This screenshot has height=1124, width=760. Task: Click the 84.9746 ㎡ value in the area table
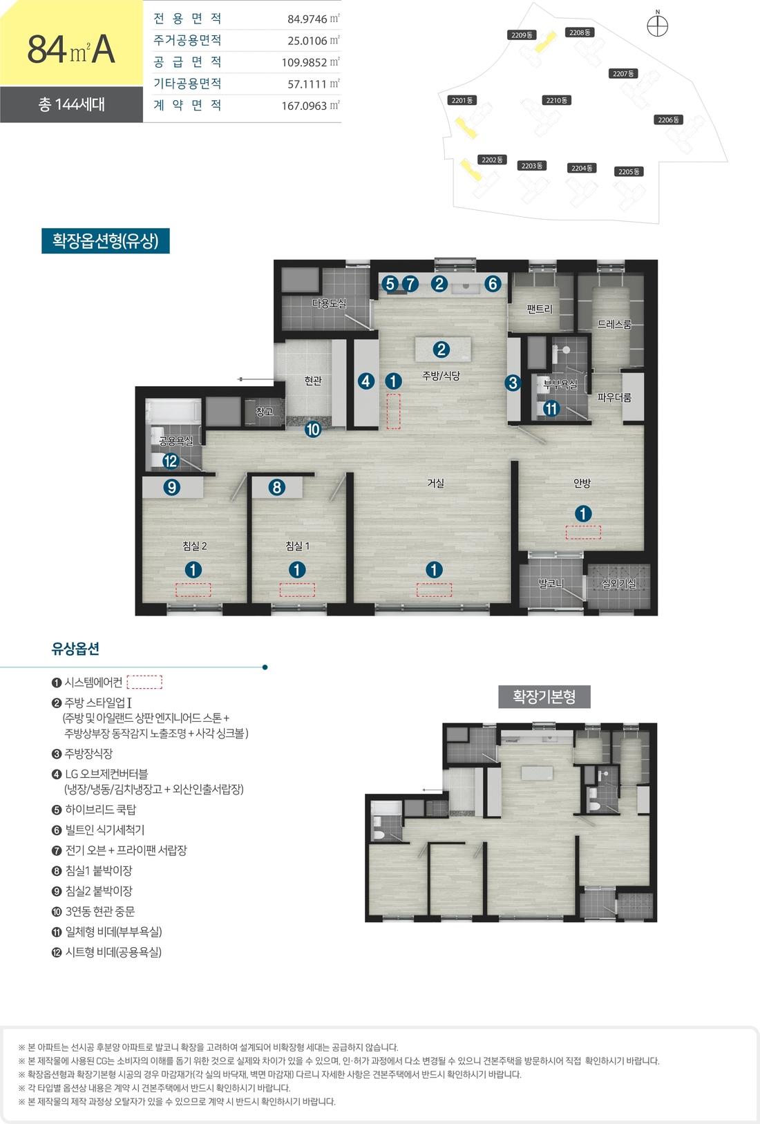(x=313, y=19)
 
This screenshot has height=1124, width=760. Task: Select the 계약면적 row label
(x=187, y=106)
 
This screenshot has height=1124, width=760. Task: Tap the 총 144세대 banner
(x=71, y=104)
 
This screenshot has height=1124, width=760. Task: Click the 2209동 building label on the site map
(x=522, y=35)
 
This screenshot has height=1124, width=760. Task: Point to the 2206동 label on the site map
(x=669, y=120)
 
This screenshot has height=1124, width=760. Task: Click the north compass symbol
(x=657, y=26)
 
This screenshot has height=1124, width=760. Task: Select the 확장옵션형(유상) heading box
(x=106, y=241)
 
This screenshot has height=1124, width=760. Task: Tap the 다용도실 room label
(x=329, y=303)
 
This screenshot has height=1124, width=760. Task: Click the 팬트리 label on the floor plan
(x=540, y=309)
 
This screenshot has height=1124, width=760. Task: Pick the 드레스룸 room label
(x=614, y=324)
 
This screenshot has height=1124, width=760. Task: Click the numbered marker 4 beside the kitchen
(x=366, y=381)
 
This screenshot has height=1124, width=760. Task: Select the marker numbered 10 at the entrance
(x=313, y=430)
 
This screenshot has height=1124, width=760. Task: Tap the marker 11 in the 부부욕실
(x=551, y=409)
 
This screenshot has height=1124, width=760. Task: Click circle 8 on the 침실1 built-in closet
(x=276, y=487)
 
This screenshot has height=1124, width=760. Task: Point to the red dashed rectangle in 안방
(x=583, y=533)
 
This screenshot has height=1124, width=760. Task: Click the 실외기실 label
(x=618, y=584)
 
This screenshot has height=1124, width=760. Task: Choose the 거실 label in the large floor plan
(x=435, y=483)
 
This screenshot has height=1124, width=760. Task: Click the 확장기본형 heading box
(x=544, y=696)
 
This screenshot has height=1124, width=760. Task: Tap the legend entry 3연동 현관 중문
(x=93, y=911)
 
